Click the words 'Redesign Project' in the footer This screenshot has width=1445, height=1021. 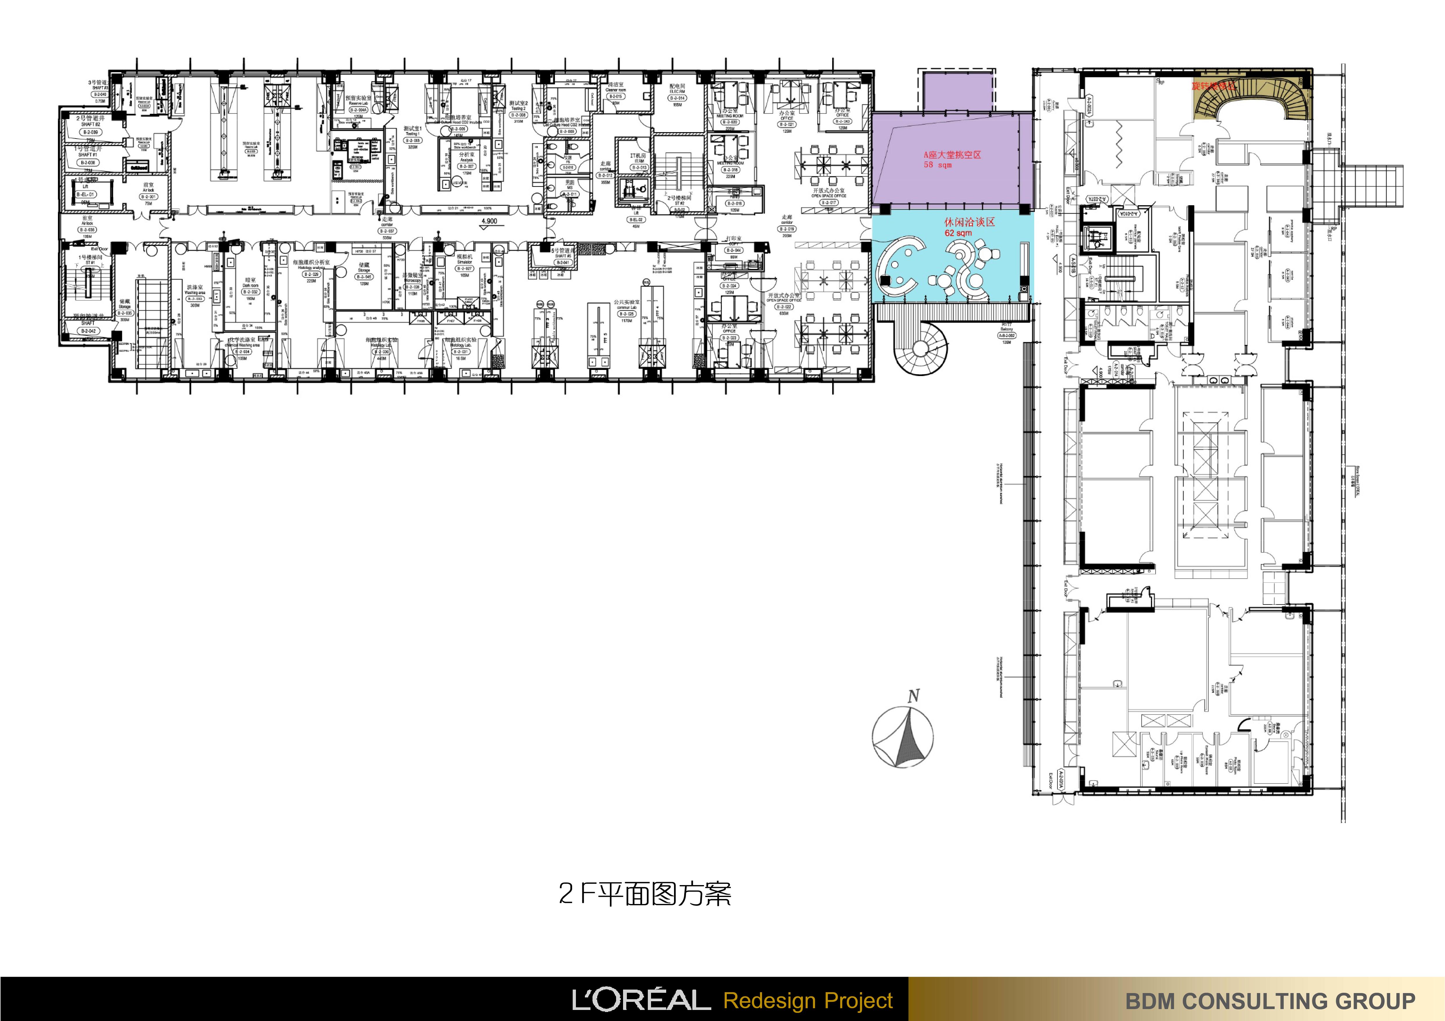tap(808, 1000)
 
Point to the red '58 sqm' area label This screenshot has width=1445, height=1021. tap(938, 165)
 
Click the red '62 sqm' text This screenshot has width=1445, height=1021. tap(958, 233)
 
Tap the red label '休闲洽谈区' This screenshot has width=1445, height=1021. tap(969, 222)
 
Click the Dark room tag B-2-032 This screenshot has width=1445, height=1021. tap(250, 292)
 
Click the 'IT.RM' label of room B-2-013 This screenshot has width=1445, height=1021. tap(639, 161)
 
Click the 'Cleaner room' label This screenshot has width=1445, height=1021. tap(616, 90)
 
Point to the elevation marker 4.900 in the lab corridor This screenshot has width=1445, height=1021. tap(489, 221)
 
